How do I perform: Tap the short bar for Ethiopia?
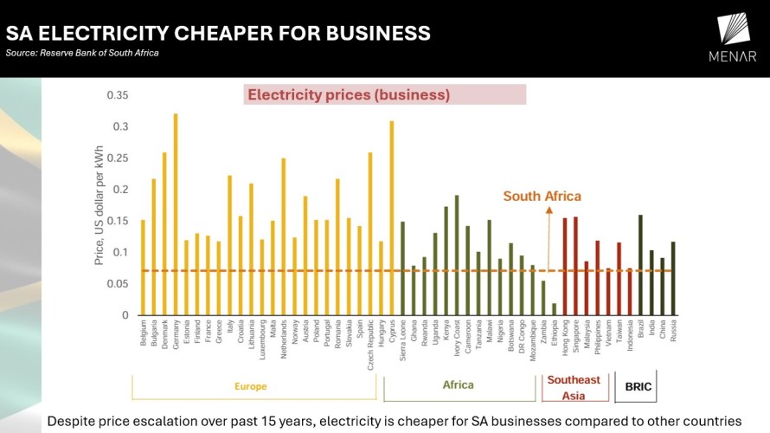click(555, 309)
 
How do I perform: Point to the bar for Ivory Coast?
click(457, 255)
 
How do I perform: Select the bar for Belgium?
click(143, 268)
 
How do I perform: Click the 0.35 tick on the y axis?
click(117, 95)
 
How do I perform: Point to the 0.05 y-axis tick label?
click(117, 284)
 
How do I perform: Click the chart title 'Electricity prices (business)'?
click(349, 95)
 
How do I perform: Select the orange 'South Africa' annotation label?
click(542, 197)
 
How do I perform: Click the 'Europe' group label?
click(251, 386)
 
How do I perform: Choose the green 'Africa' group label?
click(459, 385)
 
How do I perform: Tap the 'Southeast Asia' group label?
click(574, 388)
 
